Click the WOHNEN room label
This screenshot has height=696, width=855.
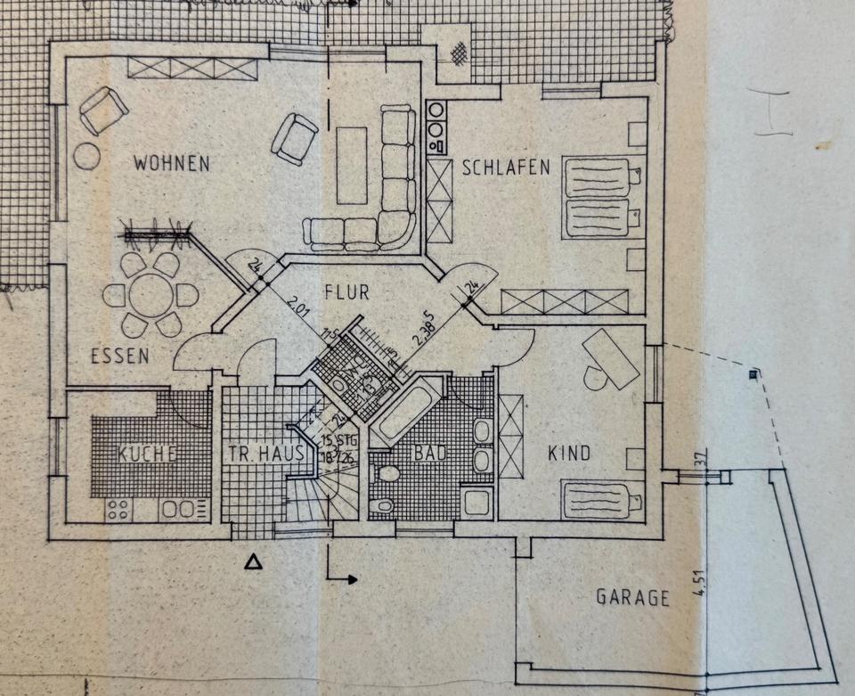pyautogui.click(x=172, y=164)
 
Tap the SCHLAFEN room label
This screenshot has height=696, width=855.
pyautogui.click(x=506, y=168)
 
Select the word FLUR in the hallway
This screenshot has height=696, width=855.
pyautogui.click(x=346, y=291)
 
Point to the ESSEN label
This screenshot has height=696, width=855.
pyautogui.click(x=119, y=356)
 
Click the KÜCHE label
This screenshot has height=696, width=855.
pyautogui.click(x=147, y=454)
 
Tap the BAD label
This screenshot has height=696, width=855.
pyautogui.click(x=427, y=453)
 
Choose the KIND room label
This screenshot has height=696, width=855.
pyautogui.click(x=569, y=454)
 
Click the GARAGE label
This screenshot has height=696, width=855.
pyautogui.click(x=632, y=597)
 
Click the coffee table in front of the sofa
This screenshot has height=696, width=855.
pyautogui.click(x=352, y=166)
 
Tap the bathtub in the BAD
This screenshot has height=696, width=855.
pyautogui.click(x=406, y=411)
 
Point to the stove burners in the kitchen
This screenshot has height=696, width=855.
pyautogui.click(x=118, y=510)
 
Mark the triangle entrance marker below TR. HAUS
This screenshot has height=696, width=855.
pyautogui.click(x=255, y=561)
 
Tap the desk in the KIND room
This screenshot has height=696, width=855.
pyautogui.click(x=611, y=357)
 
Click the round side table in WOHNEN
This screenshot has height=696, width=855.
pyautogui.click(x=86, y=156)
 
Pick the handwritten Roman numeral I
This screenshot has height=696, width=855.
pyautogui.click(x=772, y=113)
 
